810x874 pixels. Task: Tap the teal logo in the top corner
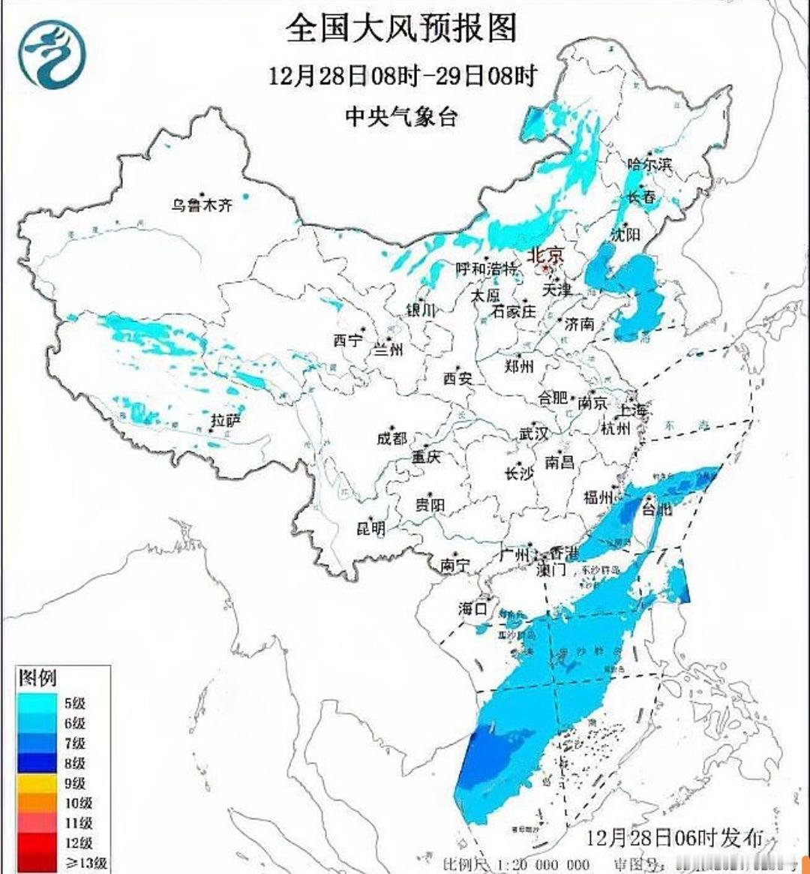coord(52,53)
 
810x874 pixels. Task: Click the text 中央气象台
coord(401,116)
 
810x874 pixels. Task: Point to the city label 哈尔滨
coord(649,164)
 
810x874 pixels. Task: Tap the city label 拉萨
coord(225,421)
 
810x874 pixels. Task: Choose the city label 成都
coord(391,438)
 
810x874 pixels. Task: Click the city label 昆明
coord(370,529)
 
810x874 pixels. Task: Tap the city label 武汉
coord(534,434)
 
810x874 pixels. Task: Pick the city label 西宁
coord(347,340)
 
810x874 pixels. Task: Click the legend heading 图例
coord(37,678)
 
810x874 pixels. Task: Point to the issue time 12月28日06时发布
coord(674,837)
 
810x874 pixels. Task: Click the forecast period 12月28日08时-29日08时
coord(403,76)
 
